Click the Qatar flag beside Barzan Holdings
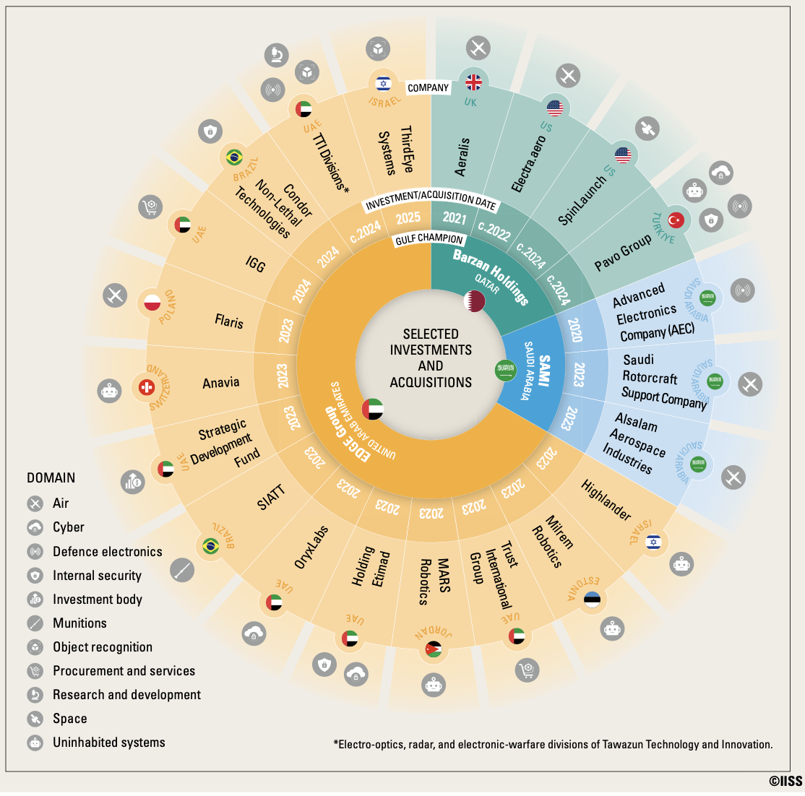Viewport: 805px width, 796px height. pyautogui.click(x=474, y=300)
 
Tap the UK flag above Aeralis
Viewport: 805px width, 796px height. pyautogui.click(x=473, y=82)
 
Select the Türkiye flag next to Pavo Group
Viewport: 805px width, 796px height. pyautogui.click(x=676, y=220)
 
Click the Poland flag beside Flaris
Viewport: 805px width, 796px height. pyautogui.click(x=152, y=302)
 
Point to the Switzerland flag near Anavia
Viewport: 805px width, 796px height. pyautogui.click(x=147, y=387)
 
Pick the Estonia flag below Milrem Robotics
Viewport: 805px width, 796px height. pyautogui.click(x=592, y=600)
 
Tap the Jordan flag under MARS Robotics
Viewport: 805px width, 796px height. pyautogui.click(x=434, y=649)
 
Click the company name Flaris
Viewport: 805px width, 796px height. pyautogui.click(x=229, y=321)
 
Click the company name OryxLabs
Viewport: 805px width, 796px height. pyautogui.click(x=311, y=547)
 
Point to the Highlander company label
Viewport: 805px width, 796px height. pyautogui.click(x=606, y=500)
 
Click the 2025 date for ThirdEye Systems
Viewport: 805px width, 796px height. pyautogui.click(x=408, y=218)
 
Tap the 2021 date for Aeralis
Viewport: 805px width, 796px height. pyautogui.click(x=455, y=218)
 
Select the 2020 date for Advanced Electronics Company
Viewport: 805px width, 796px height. pyautogui.click(x=574, y=330)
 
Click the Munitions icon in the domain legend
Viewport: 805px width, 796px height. pyautogui.click(x=35, y=623)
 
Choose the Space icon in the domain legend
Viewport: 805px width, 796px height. pyautogui.click(x=35, y=719)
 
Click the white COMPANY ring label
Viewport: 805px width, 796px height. pyautogui.click(x=429, y=87)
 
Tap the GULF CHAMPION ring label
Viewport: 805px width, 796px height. pyautogui.click(x=429, y=238)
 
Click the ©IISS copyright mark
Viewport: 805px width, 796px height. pyautogui.click(x=785, y=781)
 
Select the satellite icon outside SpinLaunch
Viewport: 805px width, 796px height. pyautogui.click(x=647, y=129)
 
